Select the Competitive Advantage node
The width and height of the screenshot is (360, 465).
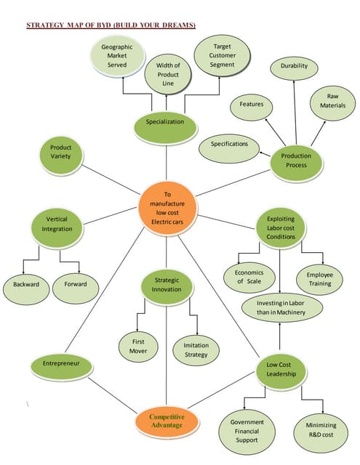pyautogui.click(x=167, y=421)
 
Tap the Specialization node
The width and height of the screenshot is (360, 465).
pyautogui.click(x=165, y=123)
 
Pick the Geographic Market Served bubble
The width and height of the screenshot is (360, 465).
pyautogui.click(x=117, y=56)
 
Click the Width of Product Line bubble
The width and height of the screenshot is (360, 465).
pyautogui.click(x=169, y=74)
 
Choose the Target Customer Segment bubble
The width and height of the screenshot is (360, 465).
pyautogui.click(x=222, y=55)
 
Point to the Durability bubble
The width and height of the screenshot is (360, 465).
pyautogui.click(x=294, y=67)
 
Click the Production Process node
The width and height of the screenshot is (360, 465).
pyautogui.click(x=296, y=161)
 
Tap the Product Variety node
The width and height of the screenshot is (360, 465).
pyautogui.click(x=61, y=152)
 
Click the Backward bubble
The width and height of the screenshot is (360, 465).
pyautogui.click(x=25, y=285)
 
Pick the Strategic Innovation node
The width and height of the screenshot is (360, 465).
pyautogui.click(x=166, y=284)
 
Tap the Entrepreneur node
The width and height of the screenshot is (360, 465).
pyautogui.click(x=61, y=363)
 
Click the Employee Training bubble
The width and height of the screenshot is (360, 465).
pyautogui.click(x=319, y=278)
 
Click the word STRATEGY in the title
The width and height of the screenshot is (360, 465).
pyautogui.click(x=46, y=25)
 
